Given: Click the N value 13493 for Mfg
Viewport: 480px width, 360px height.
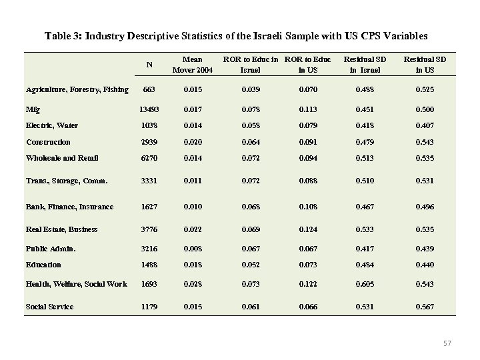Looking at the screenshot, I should (x=149, y=107).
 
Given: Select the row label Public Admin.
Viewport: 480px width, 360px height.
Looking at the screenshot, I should (x=51, y=249).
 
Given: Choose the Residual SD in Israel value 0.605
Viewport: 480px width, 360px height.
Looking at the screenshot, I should (x=371, y=284).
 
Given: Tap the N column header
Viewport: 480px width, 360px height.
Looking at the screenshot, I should (x=149, y=65).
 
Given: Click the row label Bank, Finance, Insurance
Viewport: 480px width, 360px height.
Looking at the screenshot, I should (x=70, y=207).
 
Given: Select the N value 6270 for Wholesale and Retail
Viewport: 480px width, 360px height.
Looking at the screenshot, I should (x=149, y=158).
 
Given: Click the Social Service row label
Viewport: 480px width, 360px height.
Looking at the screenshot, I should (x=50, y=307).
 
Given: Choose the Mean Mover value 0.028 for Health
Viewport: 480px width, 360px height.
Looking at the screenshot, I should (x=193, y=284).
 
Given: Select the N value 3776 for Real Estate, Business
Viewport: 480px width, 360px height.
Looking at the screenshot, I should (x=149, y=229).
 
